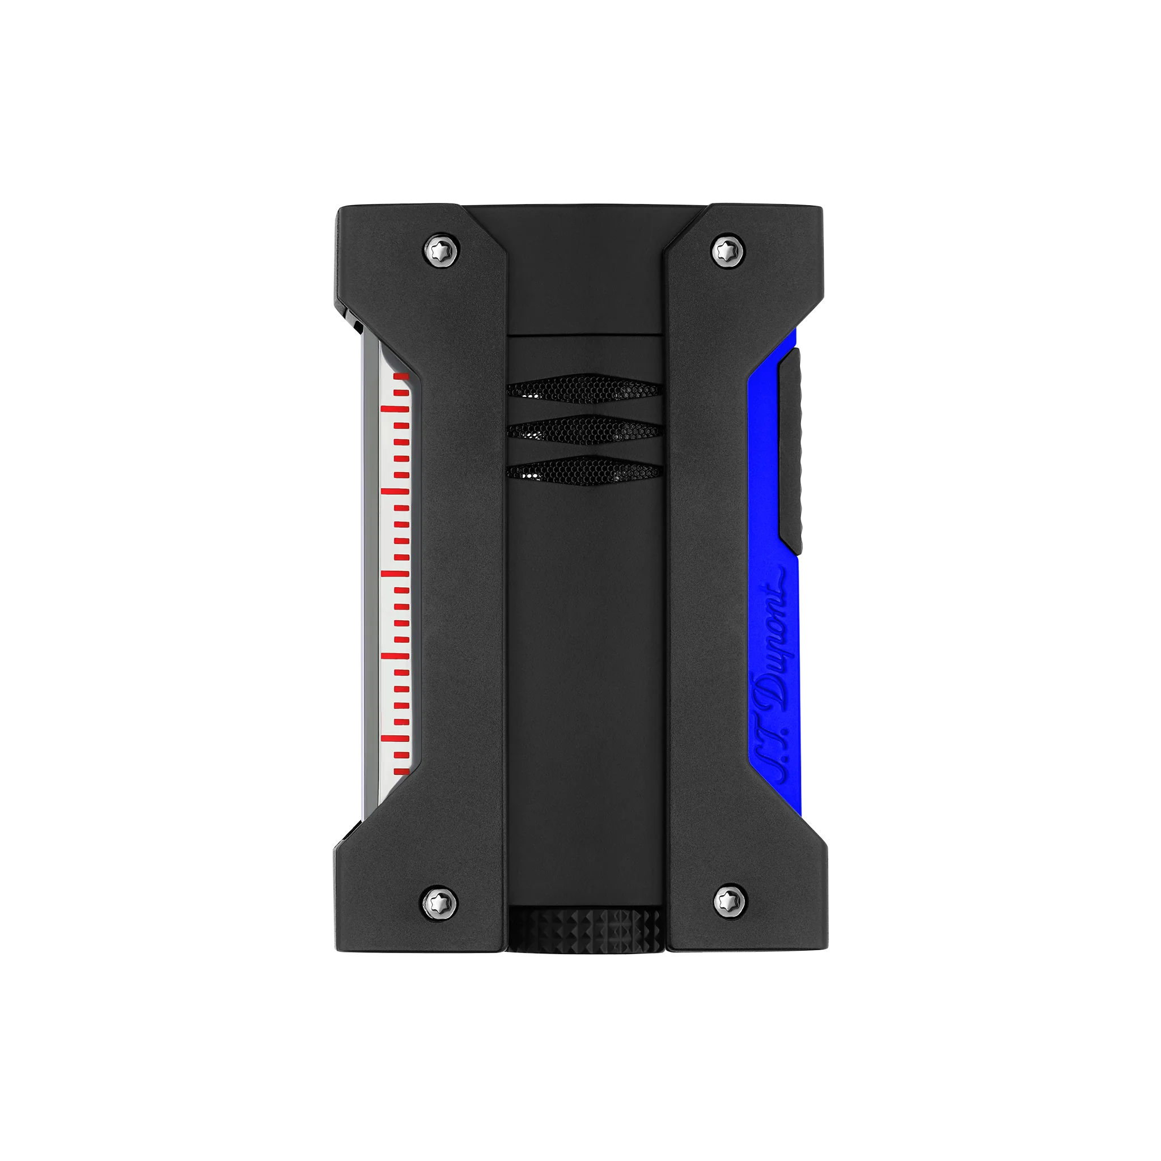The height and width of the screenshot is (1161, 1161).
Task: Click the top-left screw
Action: pos(442,249)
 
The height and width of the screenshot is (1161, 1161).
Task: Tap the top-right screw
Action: pos(728,249)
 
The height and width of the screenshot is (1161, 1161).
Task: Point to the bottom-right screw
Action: pos(730,901)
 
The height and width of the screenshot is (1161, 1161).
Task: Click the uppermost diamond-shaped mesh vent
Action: pos(584,389)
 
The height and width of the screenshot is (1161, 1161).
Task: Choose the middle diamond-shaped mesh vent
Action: pos(584,429)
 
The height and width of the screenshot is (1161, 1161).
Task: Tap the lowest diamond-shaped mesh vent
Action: pos(584,471)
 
